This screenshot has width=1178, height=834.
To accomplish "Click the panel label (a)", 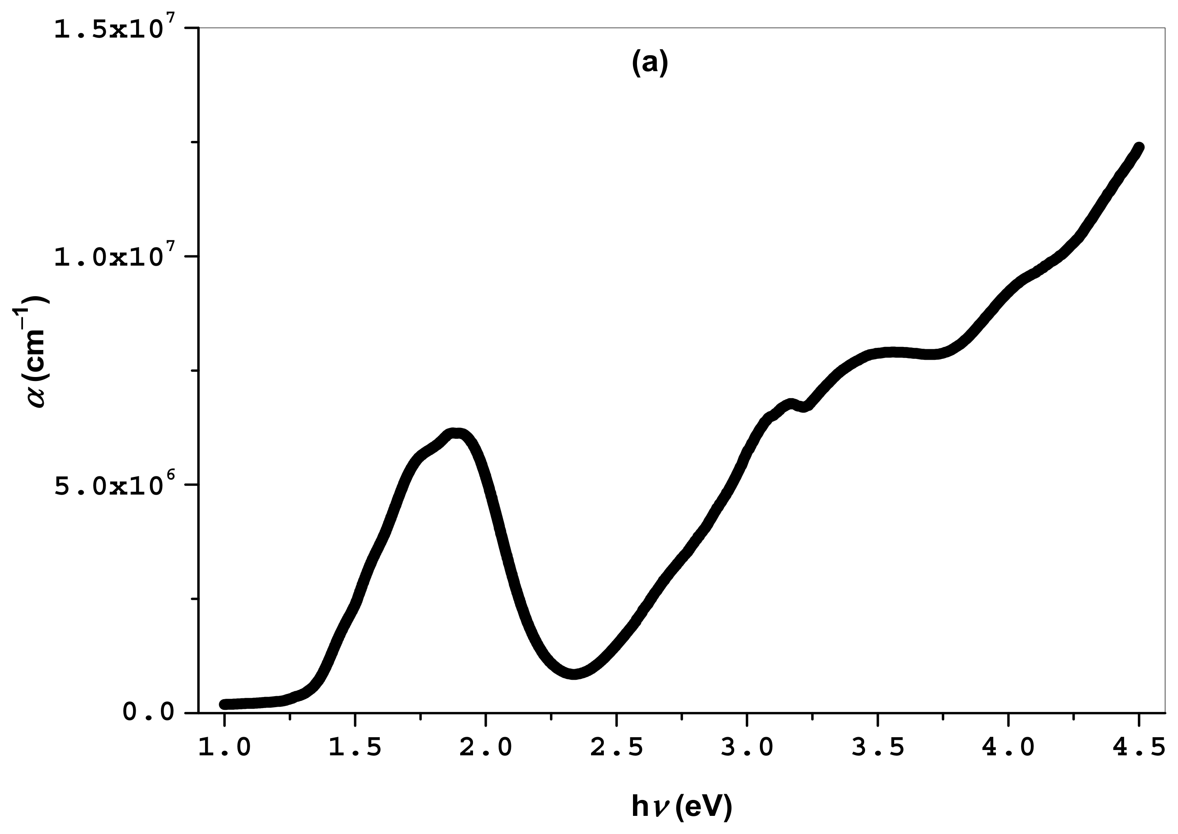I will coord(650,63).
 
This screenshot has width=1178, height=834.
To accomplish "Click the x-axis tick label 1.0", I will coord(225,748).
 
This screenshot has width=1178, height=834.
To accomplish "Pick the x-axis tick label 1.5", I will coord(355,748).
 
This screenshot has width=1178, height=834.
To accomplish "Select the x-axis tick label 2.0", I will coord(486,748).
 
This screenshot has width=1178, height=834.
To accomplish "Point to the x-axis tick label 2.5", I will coord(617,748).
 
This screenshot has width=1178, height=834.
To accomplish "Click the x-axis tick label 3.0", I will coord(747,748).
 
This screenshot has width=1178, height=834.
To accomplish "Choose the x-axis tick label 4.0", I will coord(1009,748).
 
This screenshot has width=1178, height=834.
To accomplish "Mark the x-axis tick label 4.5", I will coord(1139,748).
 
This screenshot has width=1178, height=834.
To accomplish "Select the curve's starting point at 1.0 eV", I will coord(225,704).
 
